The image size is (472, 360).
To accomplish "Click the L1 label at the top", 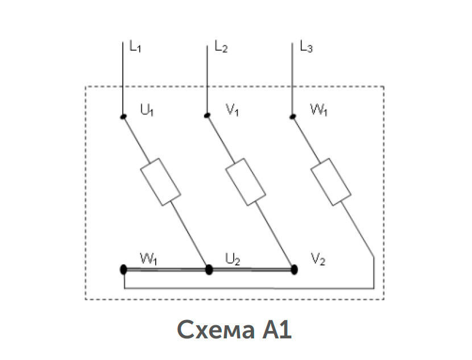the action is [x=135, y=47].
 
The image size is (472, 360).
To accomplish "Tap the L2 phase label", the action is [x=221, y=47].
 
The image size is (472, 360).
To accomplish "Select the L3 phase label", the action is [x=307, y=47].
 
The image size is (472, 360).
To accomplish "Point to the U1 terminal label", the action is [x=147, y=110].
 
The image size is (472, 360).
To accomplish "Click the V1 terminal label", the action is [x=233, y=110].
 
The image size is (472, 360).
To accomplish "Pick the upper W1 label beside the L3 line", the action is [x=319, y=110].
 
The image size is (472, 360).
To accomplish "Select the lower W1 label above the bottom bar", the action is [x=148, y=259].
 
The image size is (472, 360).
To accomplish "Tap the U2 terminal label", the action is [x=233, y=259].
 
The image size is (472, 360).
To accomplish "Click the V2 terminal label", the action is [x=318, y=259].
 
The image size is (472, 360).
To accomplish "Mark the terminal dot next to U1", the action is [x=123, y=117].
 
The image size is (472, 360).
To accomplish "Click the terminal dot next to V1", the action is [x=207, y=115].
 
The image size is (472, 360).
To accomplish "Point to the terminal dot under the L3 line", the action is [x=293, y=117].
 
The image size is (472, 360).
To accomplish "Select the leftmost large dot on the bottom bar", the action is [x=123, y=270].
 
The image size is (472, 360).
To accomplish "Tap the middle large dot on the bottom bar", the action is [x=209, y=270].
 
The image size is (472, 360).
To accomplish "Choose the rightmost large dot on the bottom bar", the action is [x=295, y=270].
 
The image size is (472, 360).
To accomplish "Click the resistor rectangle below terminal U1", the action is [x=161, y=182].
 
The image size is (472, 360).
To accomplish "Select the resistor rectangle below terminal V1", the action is [x=246, y=182].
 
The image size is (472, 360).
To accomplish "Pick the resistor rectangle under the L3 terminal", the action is [x=331, y=182].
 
